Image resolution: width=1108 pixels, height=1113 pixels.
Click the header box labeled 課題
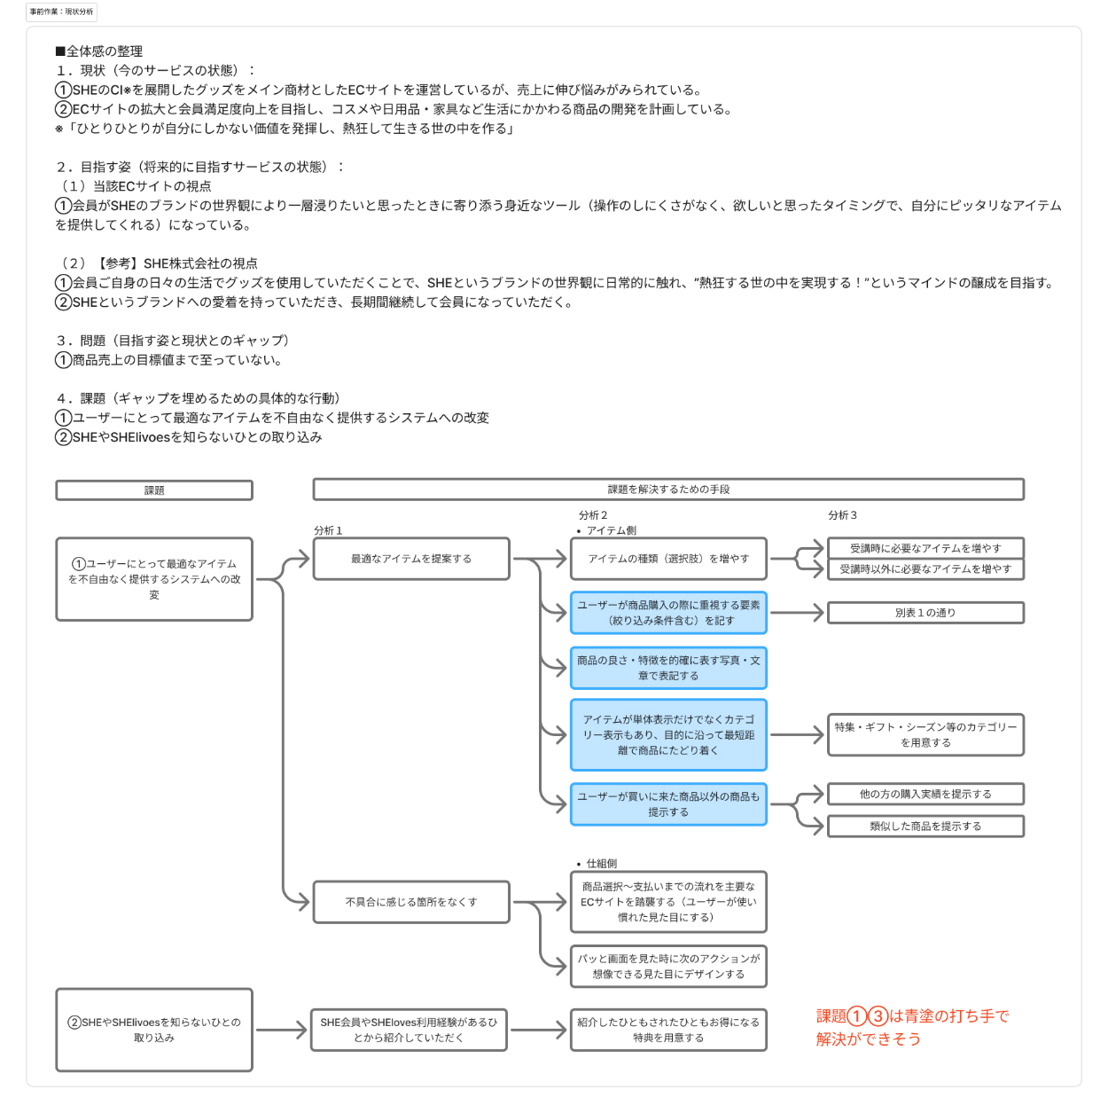click(x=154, y=490)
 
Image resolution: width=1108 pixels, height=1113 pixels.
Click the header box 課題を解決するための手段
click(x=668, y=490)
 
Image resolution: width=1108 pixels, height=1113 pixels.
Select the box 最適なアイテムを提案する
click(x=411, y=559)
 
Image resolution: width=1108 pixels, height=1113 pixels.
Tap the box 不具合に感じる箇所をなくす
click(x=411, y=902)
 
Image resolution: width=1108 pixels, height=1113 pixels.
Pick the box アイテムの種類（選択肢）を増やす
click(x=668, y=559)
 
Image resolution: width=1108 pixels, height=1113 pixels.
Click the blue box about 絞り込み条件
click(x=668, y=613)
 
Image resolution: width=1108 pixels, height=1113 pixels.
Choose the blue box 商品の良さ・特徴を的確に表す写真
click(x=668, y=668)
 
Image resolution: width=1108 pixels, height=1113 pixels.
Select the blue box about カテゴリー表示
click(x=668, y=734)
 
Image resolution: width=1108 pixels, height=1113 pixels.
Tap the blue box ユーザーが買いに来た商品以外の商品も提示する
click(x=668, y=804)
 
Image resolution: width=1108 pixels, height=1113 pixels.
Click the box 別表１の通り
click(x=925, y=613)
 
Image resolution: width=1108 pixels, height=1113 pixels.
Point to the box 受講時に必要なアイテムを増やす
click(x=925, y=548)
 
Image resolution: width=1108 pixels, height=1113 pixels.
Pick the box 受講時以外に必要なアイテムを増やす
click(x=925, y=569)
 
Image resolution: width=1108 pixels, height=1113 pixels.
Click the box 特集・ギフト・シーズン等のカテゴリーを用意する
click(x=925, y=734)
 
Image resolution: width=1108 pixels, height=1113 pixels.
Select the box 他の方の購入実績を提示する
click(x=925, y=794)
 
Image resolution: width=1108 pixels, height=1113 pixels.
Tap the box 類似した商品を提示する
click(x=925, y=827)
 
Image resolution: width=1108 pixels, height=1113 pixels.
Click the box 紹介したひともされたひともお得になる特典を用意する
click(x=668, y=1030)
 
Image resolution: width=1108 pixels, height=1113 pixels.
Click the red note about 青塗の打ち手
click(x=912, y=1027)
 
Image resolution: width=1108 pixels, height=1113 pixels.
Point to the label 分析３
click(x=842, y=515)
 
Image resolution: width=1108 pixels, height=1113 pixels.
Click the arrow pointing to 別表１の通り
click(x=797, y=613)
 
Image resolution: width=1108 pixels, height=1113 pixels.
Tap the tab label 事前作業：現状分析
click(x=61, y=12)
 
